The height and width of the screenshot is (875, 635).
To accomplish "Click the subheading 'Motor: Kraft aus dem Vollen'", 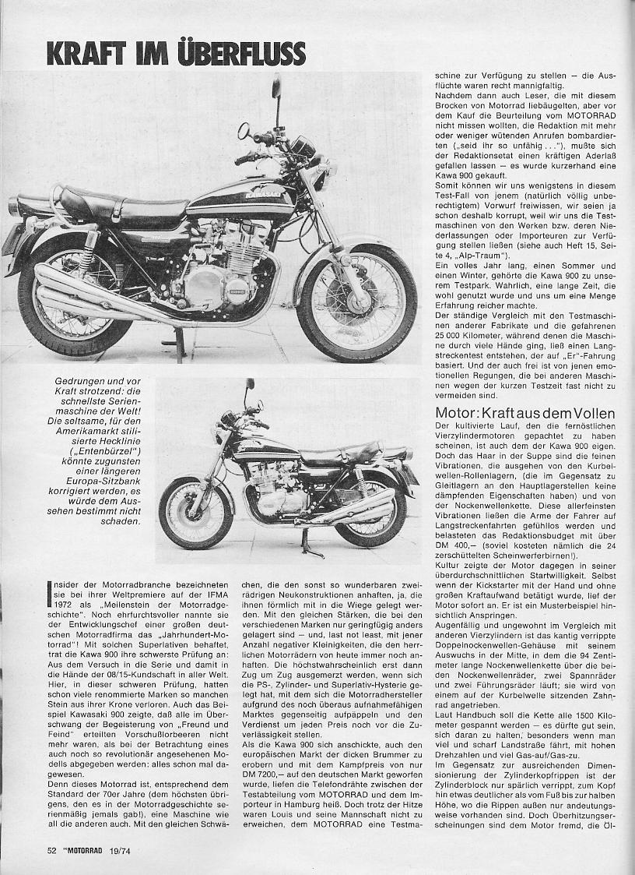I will coord(525,413).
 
